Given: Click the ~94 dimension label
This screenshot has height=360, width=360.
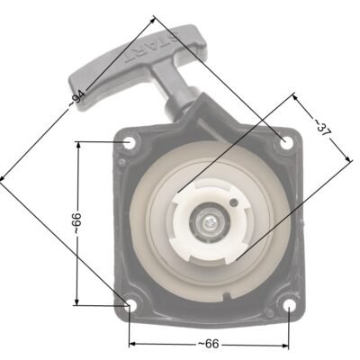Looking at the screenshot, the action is [x=77, y=98].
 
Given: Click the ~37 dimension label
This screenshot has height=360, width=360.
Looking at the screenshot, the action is [x=321, y=128].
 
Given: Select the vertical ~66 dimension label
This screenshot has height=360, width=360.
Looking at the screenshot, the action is [x=76, y=223].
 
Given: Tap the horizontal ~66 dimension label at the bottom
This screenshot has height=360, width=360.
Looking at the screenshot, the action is [x=209, y=344].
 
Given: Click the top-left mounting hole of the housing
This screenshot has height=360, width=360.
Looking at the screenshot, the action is [x=129, y=142].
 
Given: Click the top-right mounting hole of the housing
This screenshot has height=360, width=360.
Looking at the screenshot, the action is [x=286, y=142].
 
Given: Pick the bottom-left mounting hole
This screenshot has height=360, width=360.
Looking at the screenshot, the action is [x=131, y=305].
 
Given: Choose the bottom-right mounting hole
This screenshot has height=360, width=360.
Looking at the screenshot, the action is [x=289, y=305].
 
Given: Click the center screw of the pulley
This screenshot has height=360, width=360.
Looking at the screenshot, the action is [x=209, y=222].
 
